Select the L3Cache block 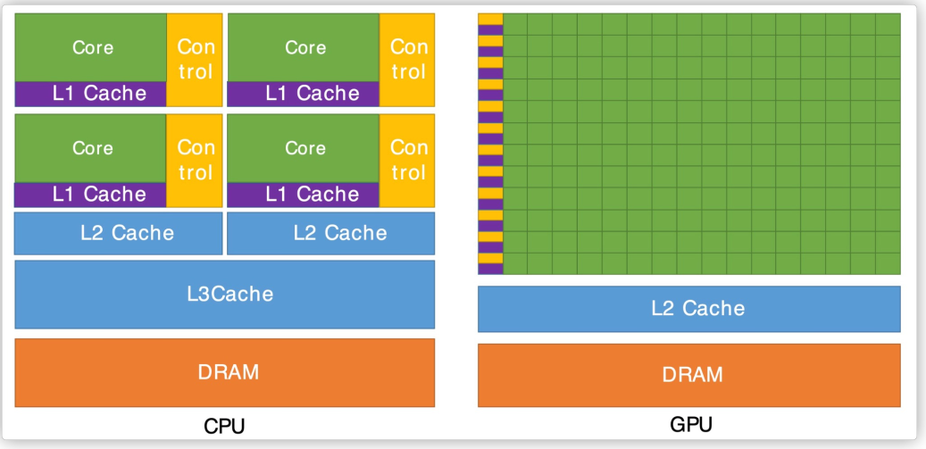pyautogui.click(x=224, y=294)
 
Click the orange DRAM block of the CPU pyautogui.click(x=224, y=372)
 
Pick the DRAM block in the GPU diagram pyautogui.click(x=688, y=375)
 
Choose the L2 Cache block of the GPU pyautogui.click(x=688, y=309)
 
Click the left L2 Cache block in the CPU pyautogui.click(x=118, y=233)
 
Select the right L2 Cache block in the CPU pyautogui.click(x=330, y=233)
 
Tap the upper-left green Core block pyautogui.click(x=91, y=47)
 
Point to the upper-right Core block pyautogui.click(x=304, y=47)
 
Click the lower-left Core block pyautogui.click(x=91, y=147)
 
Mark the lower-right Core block pyautogui.click(x=304, y=147)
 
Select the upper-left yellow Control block pyautogui.click(x=195, y=59)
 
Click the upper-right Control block pyautogui.click(x=408, y=59)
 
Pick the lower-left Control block pyautogui.click(x=195, y=159)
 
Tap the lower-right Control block pyautogui.click(x=408, y=159)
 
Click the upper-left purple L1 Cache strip pyautogui.click(x=91, y=93)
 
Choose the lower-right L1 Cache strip pyautogui.click(x=304, y=194)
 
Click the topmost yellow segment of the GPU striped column pyautogui.click(x=490, y=19)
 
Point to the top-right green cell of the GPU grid pyautogui.click(x=888, y=24)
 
